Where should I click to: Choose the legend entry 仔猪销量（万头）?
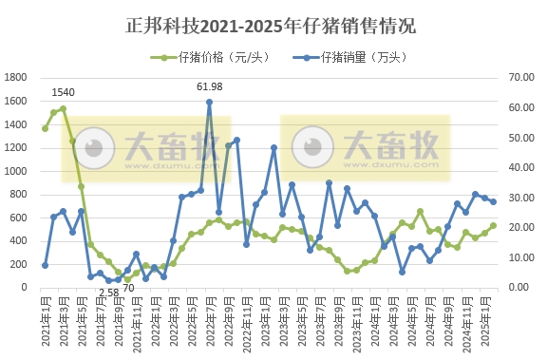tap(360, 58)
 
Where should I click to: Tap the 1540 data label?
tap(63, 93)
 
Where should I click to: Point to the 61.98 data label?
tap(209, 87)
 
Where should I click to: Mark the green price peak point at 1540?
tap(63, 108)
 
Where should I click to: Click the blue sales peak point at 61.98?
tap(209, 102)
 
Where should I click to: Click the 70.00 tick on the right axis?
tap(524, 78)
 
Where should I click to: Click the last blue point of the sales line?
tap(493, 202)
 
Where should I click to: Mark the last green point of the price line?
tap(493, 226)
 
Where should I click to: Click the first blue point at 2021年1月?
tap(45, 265)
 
